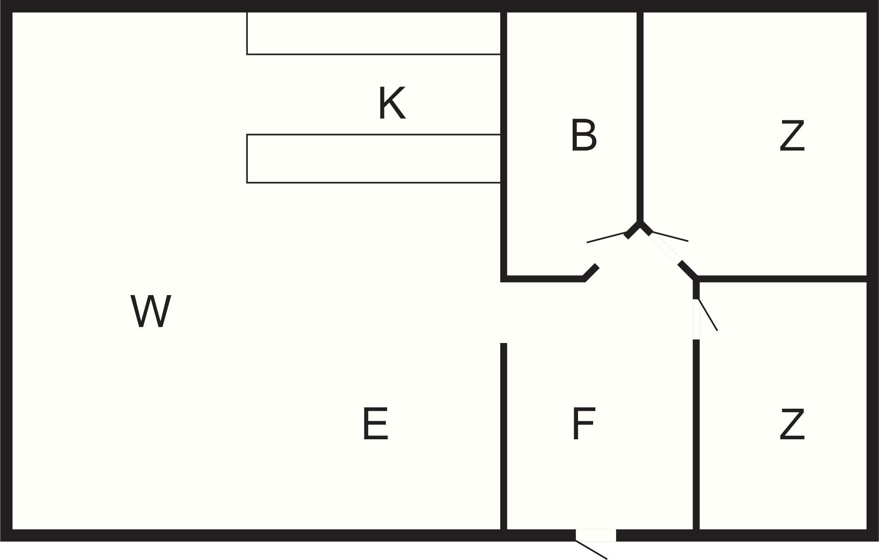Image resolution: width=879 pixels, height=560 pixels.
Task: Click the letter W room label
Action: click(x=150, y=312)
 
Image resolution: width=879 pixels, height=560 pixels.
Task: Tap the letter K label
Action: click(x=392, y=103)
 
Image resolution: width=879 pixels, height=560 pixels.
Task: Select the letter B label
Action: click(x=583, y=135)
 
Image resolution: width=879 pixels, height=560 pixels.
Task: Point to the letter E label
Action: click(x=376, y=424)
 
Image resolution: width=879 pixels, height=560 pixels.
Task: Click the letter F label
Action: click(x=583, y=424)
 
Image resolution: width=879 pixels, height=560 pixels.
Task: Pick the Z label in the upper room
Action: click(x=792, y=135)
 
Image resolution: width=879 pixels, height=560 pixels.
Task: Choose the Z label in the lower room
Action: click(x=792, y=424)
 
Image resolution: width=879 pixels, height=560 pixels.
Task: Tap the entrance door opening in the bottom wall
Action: click(x=596, y=535)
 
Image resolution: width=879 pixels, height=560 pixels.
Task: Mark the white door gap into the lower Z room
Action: click(x=696, y=319)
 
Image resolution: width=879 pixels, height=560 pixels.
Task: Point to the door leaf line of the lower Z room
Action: click(x=708, y=315)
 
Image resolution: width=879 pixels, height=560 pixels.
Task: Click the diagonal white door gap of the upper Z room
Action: click(x=665, y=248)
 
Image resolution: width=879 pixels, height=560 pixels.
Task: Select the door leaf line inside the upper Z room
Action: click(x=669, y=237)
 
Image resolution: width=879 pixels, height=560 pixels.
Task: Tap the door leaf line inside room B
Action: click(x=606, y=237)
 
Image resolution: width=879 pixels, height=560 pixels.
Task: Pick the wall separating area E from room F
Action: click(x=503, y=435)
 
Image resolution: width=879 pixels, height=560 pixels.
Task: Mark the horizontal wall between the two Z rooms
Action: click(x=781, y=279)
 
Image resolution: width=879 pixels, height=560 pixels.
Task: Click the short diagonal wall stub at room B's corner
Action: click(x=591, y=272)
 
